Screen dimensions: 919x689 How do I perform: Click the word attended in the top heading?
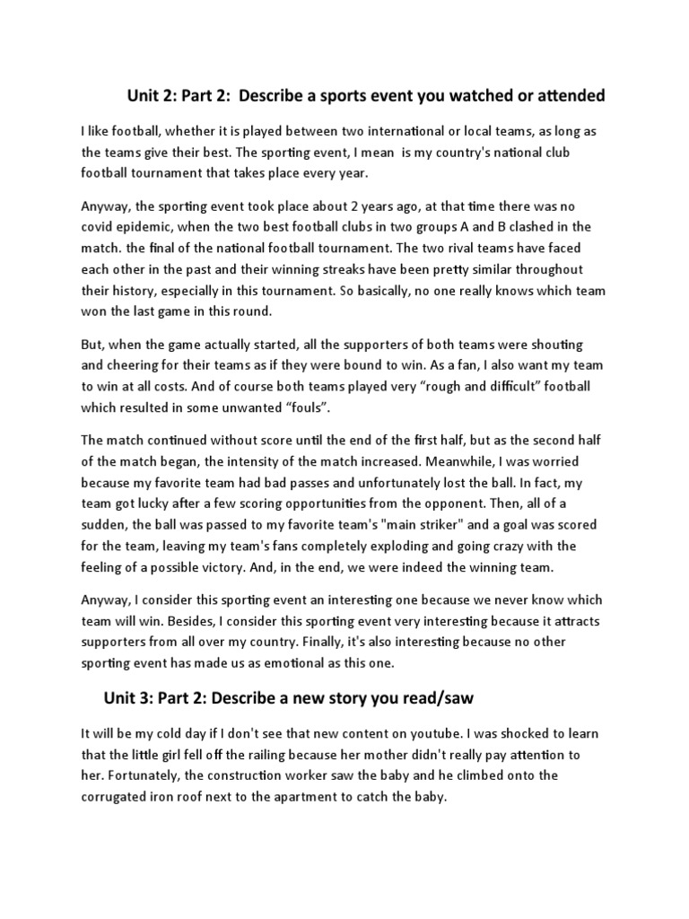point(566,95)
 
